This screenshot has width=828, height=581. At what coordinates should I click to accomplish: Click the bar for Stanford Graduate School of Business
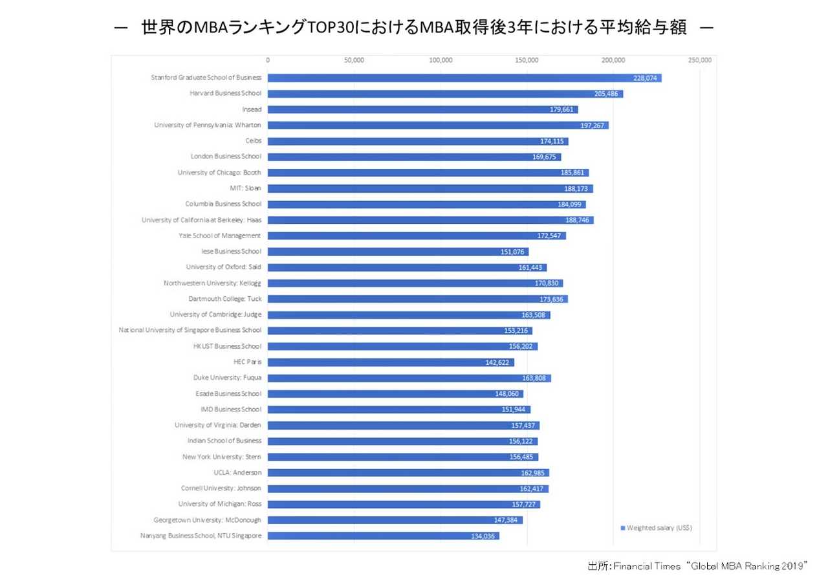point(453,78)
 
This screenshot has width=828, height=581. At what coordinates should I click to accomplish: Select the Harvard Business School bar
point(440,94)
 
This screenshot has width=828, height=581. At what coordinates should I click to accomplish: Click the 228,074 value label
point(646,78)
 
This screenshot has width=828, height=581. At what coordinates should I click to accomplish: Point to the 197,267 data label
point(593,126)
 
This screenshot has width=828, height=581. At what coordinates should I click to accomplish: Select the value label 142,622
point(498,362)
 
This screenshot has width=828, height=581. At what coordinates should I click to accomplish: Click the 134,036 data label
point(483,536)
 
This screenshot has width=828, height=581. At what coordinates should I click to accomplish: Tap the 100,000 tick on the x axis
point(441,60)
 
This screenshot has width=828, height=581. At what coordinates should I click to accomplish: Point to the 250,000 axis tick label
point(700,60)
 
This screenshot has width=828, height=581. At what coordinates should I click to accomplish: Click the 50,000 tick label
point(354,60)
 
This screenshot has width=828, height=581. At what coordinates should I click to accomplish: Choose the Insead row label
point(252,109)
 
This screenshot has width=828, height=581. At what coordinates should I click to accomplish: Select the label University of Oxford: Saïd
point(224,267)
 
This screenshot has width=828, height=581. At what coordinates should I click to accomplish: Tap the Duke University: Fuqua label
point(227,378)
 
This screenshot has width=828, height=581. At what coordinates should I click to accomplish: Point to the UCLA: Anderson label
point(237,472)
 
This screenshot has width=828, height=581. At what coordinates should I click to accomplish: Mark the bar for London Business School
point(414,157)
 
